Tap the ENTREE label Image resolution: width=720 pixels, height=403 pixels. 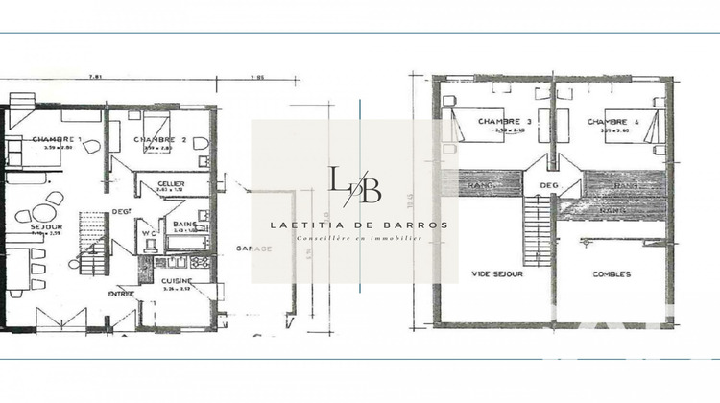pos(121,294)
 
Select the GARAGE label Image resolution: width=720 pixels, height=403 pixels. pos(252,248)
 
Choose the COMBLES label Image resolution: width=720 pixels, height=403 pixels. pos(612,273)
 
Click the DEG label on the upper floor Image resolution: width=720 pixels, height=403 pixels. pos(549,186)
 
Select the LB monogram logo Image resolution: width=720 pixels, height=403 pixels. pos(355,184)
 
